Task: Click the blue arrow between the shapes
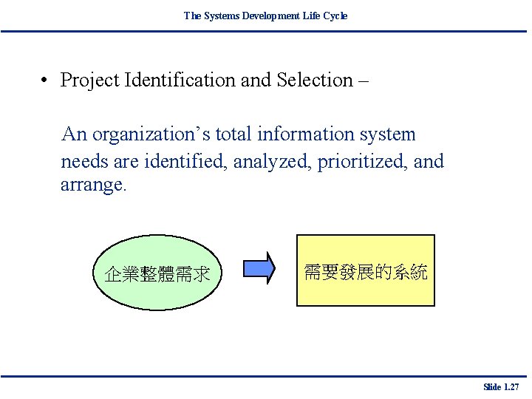click(x=259, y=269)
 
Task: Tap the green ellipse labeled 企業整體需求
click(x=157, y=274)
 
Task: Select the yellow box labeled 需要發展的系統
click(x=365, y=270)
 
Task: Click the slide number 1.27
click(x=501, y=386)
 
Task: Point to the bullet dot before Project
click(x=45, y=80)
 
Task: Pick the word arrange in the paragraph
click(x=92, y=185)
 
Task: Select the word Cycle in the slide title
click(x=336, y=16)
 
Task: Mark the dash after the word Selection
click(x=363, y=81)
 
